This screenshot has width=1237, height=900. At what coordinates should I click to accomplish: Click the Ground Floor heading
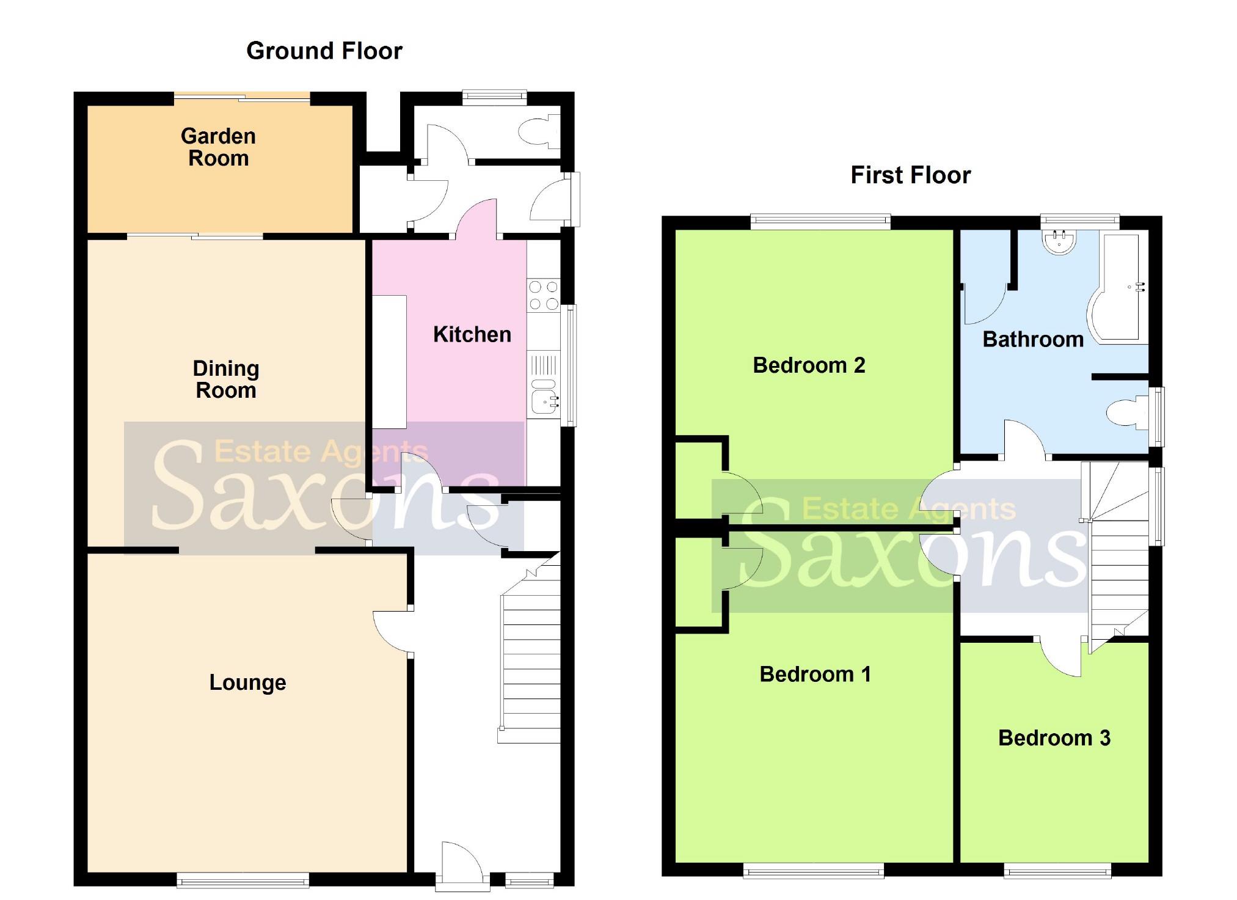click(324, 51)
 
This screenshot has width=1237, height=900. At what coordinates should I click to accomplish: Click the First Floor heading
click(910, 175)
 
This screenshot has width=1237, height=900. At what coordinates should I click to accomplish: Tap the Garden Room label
click(218, 147)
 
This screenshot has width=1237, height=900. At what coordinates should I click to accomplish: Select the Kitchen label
click(472, 334)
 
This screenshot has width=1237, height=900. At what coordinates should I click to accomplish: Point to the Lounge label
click(247, 682)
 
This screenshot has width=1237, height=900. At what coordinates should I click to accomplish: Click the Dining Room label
click(225, 379)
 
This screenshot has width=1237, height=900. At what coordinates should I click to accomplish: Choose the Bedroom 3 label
click(1054, 738)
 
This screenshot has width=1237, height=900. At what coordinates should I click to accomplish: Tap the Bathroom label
click(1032, 339)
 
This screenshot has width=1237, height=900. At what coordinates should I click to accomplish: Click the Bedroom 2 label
click(808, 365)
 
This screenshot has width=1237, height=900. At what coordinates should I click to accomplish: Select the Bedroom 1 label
click(814, 675)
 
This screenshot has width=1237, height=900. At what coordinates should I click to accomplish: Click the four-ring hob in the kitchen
click(543, 295)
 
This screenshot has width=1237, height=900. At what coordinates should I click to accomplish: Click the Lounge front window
click(243, 880)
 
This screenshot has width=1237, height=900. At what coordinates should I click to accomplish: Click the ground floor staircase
click(530, 660)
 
